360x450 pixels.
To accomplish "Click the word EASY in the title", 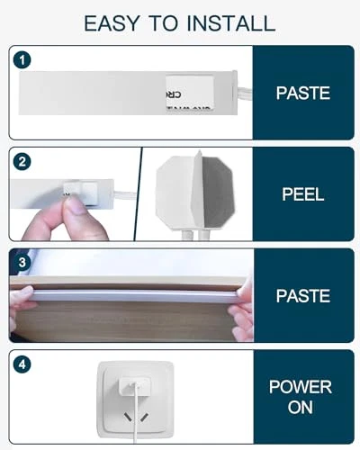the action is tap(112, 23).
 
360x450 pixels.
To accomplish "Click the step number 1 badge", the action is tap(22, 60).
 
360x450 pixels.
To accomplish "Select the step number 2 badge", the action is tap(22, 162).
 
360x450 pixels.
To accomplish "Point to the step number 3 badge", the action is tap(22, 263).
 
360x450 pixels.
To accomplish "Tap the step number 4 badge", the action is tap(22, 364).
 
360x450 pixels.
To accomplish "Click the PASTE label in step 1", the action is tap(303, 93).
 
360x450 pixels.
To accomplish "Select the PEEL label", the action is tap(303, 194).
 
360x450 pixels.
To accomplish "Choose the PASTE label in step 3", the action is tap(303, 296).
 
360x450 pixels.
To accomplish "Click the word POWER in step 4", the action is tap(301, 387).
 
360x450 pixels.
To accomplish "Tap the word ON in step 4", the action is tap(301, 408).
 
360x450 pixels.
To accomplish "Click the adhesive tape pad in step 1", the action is tap(190, 93).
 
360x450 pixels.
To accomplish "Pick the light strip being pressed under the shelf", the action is tap(135, 295).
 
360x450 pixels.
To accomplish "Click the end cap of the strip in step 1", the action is tap(235, 92).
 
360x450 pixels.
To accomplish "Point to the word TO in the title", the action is tap(163, 23).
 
